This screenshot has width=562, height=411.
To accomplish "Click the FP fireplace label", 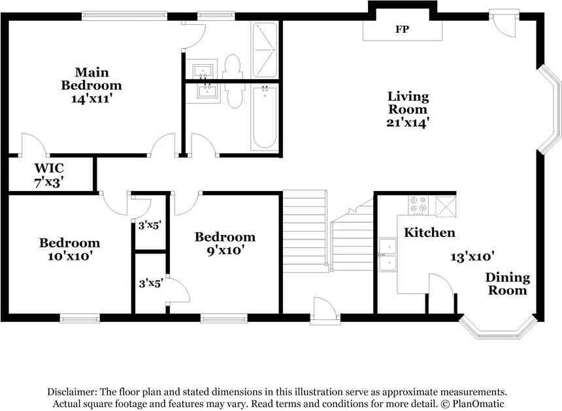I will [402, 30].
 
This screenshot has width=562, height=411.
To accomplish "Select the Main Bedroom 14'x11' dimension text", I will [91, 99].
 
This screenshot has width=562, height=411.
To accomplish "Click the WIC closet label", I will [49, 168].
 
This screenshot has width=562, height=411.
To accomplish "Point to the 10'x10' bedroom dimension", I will [69, 256].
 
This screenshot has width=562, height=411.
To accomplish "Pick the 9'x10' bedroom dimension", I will [224, 250].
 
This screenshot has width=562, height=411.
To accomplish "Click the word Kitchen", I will [429, 233].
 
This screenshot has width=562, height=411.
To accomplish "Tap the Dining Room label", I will [507, 284].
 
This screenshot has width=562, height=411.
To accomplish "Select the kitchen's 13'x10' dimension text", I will [472, 256].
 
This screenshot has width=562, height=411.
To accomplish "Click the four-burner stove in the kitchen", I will [418, 205].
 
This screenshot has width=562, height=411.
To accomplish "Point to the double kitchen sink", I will [388, 255].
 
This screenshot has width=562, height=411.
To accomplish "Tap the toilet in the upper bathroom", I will [233, 65].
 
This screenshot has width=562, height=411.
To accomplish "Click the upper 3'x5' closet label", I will [150, 224].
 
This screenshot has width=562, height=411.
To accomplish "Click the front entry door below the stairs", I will [325, 310].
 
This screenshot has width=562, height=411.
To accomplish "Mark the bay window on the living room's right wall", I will [550, 109].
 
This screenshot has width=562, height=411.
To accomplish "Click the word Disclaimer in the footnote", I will [72, 391].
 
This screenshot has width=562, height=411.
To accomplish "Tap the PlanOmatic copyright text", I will [476, 404].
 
